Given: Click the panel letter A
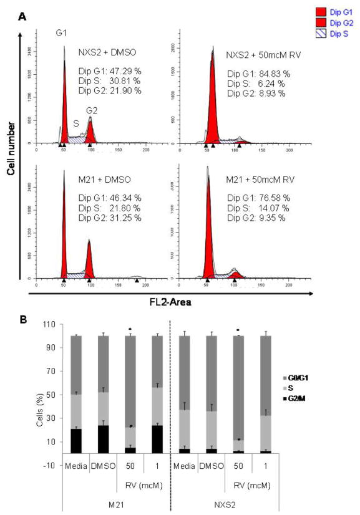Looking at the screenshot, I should (22, 17).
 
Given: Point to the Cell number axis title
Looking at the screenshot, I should (11, 153).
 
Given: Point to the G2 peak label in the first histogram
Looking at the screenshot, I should (91, 110).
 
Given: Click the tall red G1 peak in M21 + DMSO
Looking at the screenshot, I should (64, 237).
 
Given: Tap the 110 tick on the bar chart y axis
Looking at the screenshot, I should (56, 325).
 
